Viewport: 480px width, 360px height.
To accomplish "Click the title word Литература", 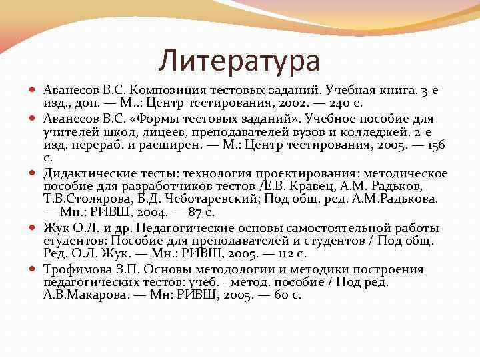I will tap(239, 61).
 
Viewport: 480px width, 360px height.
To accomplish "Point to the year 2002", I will tap(308, 104).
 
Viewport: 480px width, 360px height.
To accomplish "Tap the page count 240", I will tap(361, 104).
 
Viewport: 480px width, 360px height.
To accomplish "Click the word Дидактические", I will tap(93, 175).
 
